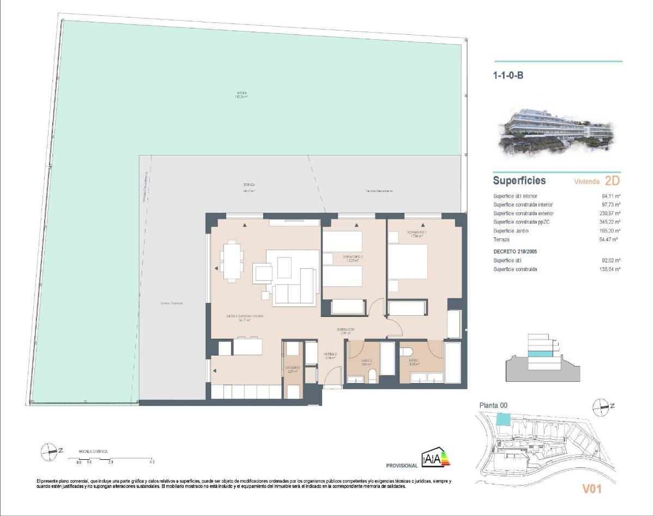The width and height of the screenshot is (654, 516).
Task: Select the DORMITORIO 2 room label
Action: click(353, 257)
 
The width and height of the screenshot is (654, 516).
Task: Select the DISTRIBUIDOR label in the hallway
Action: click(345, 329)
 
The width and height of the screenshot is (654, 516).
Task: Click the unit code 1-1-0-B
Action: click(508, 76)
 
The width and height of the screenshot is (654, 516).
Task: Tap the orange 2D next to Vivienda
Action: click(613, 181)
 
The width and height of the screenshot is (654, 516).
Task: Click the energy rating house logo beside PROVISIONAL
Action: click(437, 459)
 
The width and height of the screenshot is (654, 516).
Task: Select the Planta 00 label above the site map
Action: click(493, 405)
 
